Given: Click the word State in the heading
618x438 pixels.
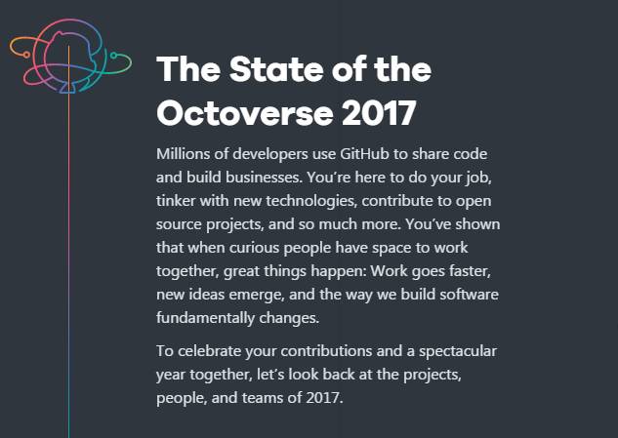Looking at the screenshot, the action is pyautogui.click(x=277, y=69).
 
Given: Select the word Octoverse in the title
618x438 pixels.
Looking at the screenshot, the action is pyautogui.click(x=245, y=112).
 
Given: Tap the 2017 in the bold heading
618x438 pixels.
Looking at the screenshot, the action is pyautogui.click(x=379, y=112).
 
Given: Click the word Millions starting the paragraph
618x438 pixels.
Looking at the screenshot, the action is pyautogui.click(x=183, y=153).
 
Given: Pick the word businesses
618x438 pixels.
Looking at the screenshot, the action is pyautogui.click(x=264, y=177).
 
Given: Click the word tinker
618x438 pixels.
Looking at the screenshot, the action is pyautogui.click(x=176, y=201).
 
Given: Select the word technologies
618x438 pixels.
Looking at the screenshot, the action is pyautogui.click(x=311, y=201).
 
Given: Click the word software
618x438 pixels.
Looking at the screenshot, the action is pyautogui.click(x=469, y=295).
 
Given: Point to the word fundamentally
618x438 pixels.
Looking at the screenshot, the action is pyautogui.click(x=205, y=318).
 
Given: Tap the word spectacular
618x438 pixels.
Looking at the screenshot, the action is pyautogui.click(x=458, y=351).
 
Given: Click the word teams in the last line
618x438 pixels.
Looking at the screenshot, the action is pyautogui.click(x=263, y=397).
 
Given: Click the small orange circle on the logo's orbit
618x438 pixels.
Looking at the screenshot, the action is pyautogui.click(x=26, y=55).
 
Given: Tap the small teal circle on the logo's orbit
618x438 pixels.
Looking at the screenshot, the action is pyautogui.click(x=113, y=56).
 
